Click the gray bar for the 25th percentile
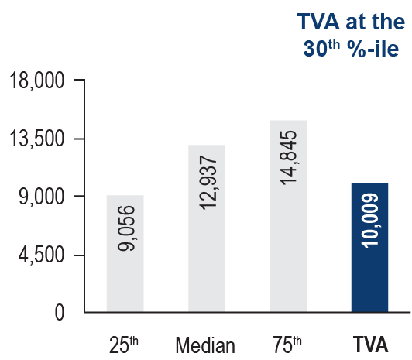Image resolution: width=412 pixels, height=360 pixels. coord(125,254)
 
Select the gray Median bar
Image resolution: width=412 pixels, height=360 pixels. coord(207,228)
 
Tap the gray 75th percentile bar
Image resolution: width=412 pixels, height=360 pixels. coord(288,216)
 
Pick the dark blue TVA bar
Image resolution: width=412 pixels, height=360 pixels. coord(369,247)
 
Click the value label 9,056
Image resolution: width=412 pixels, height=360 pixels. coord(126,228)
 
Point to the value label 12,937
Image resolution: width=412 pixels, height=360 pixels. coord(208,183)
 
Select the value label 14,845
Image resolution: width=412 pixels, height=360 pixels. coord(288,158)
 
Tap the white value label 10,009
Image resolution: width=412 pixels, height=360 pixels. coord(370,221)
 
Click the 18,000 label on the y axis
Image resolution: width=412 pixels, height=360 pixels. coord(37,81)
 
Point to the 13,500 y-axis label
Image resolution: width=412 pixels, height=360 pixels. coord(37,139)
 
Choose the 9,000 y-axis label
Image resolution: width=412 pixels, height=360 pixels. coord(42,197)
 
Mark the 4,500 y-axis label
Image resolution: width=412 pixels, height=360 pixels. coord(42,255)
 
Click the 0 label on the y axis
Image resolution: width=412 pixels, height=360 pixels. coord(60,313)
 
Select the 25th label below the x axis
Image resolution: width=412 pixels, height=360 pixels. coord(124,345)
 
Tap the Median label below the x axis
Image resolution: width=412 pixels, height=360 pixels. coord(205,345)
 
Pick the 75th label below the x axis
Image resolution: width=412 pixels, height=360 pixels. coord(287,345)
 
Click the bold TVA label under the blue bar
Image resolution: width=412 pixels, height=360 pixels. coord(370,345)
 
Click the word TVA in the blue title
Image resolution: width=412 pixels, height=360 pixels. coord(318,22)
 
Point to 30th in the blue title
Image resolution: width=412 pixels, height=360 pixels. coord(321,48)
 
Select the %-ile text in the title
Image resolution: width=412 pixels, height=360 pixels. coord(373,48)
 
